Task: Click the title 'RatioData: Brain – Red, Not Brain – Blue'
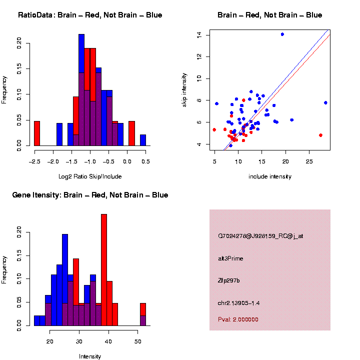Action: point(90,15)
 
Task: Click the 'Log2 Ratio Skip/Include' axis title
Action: point(90,176)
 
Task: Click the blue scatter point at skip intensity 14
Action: point(282,34)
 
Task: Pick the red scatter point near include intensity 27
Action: point(320,135)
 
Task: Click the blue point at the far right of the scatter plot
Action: point(325,102)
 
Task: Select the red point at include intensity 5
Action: point(214,129)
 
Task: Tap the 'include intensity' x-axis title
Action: point(269,176)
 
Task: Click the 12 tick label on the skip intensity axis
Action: point(199,56)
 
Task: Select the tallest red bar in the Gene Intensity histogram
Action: point(104,270)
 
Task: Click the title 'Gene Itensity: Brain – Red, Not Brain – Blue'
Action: point(90,195)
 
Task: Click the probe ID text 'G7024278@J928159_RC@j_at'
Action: point(260,236)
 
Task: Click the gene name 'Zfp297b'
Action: point(229,280)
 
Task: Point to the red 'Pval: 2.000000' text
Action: point(238,319)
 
